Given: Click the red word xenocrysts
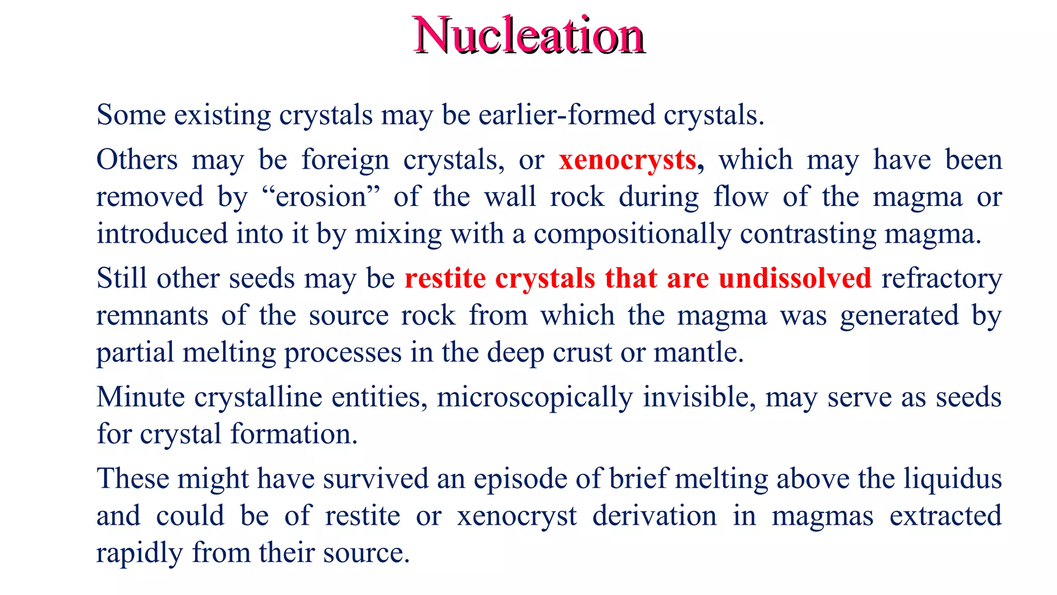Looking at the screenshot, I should [628, 160].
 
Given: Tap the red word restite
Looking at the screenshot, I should [445, 278].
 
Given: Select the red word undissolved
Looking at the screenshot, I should [795, 278].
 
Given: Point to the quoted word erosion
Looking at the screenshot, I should [321, 197].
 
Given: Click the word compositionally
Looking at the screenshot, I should [632, 234].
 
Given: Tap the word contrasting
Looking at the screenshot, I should [808, 234].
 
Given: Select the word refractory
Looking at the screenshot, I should [941, 278].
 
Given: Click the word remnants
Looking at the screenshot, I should [152, 316].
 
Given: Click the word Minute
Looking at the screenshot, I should [140, 397].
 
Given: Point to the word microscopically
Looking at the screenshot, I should [535, 397].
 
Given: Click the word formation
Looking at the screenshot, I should [294, 434].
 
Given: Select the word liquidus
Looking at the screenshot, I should [952, 479].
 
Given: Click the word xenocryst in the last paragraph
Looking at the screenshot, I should [517, 516].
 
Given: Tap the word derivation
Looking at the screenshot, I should [654, 516].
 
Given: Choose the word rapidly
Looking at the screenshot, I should [139, 553].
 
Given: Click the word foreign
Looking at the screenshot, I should [345, 160].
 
